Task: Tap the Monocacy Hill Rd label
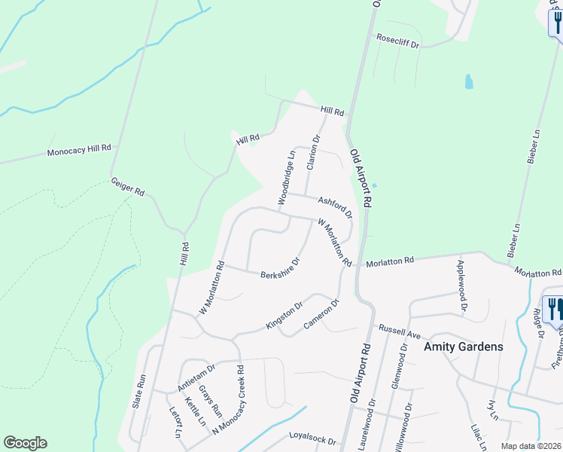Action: click(x=79, y=151)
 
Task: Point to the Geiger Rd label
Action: click(x=127, y=187)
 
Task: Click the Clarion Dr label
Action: click(x=313, y=153)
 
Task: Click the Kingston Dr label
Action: click(x=284, y=316)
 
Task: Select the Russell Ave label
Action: click(x=397, y=329)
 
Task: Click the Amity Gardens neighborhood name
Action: click(x=463, y=347)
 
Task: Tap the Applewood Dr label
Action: click(x=461, y=286)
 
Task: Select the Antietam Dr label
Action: click(x=196, y=376)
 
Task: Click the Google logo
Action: click(x=25, y=443)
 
